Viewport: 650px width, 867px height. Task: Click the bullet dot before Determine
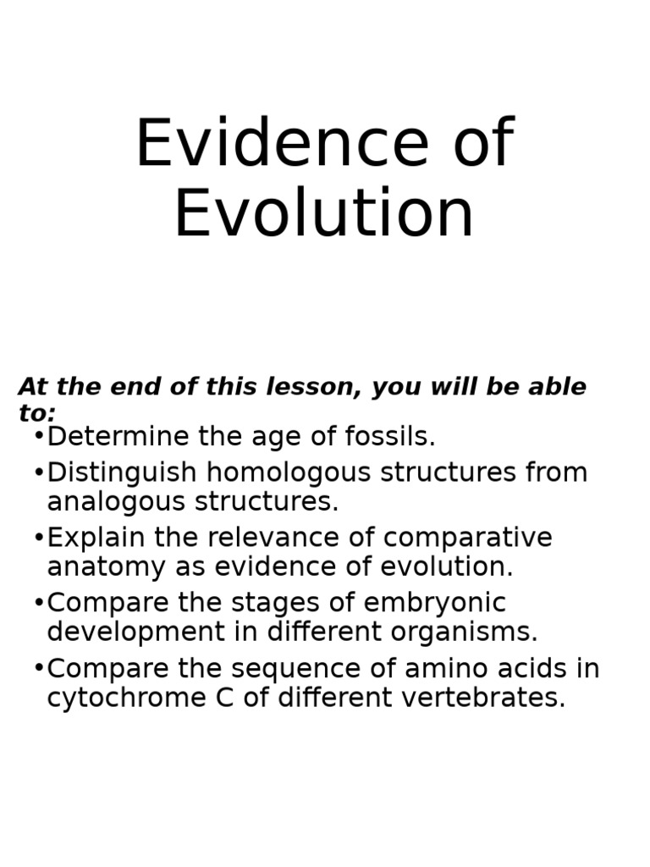coord(39,438)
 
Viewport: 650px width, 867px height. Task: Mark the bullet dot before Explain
coord(39,538)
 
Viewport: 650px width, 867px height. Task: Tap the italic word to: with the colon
coord(36,414)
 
